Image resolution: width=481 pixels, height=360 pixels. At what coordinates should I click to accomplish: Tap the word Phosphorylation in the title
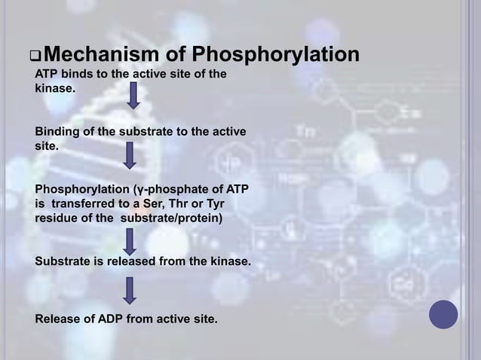pos(276,56)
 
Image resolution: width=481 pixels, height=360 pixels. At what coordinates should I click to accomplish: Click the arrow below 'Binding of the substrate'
pos(130,154)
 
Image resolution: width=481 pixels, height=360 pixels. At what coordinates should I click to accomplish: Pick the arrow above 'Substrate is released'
pos(130,241)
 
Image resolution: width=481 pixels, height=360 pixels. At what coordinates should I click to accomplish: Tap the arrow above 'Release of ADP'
pos(130,290)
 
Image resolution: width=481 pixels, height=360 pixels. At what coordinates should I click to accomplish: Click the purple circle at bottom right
pos(443,314)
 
